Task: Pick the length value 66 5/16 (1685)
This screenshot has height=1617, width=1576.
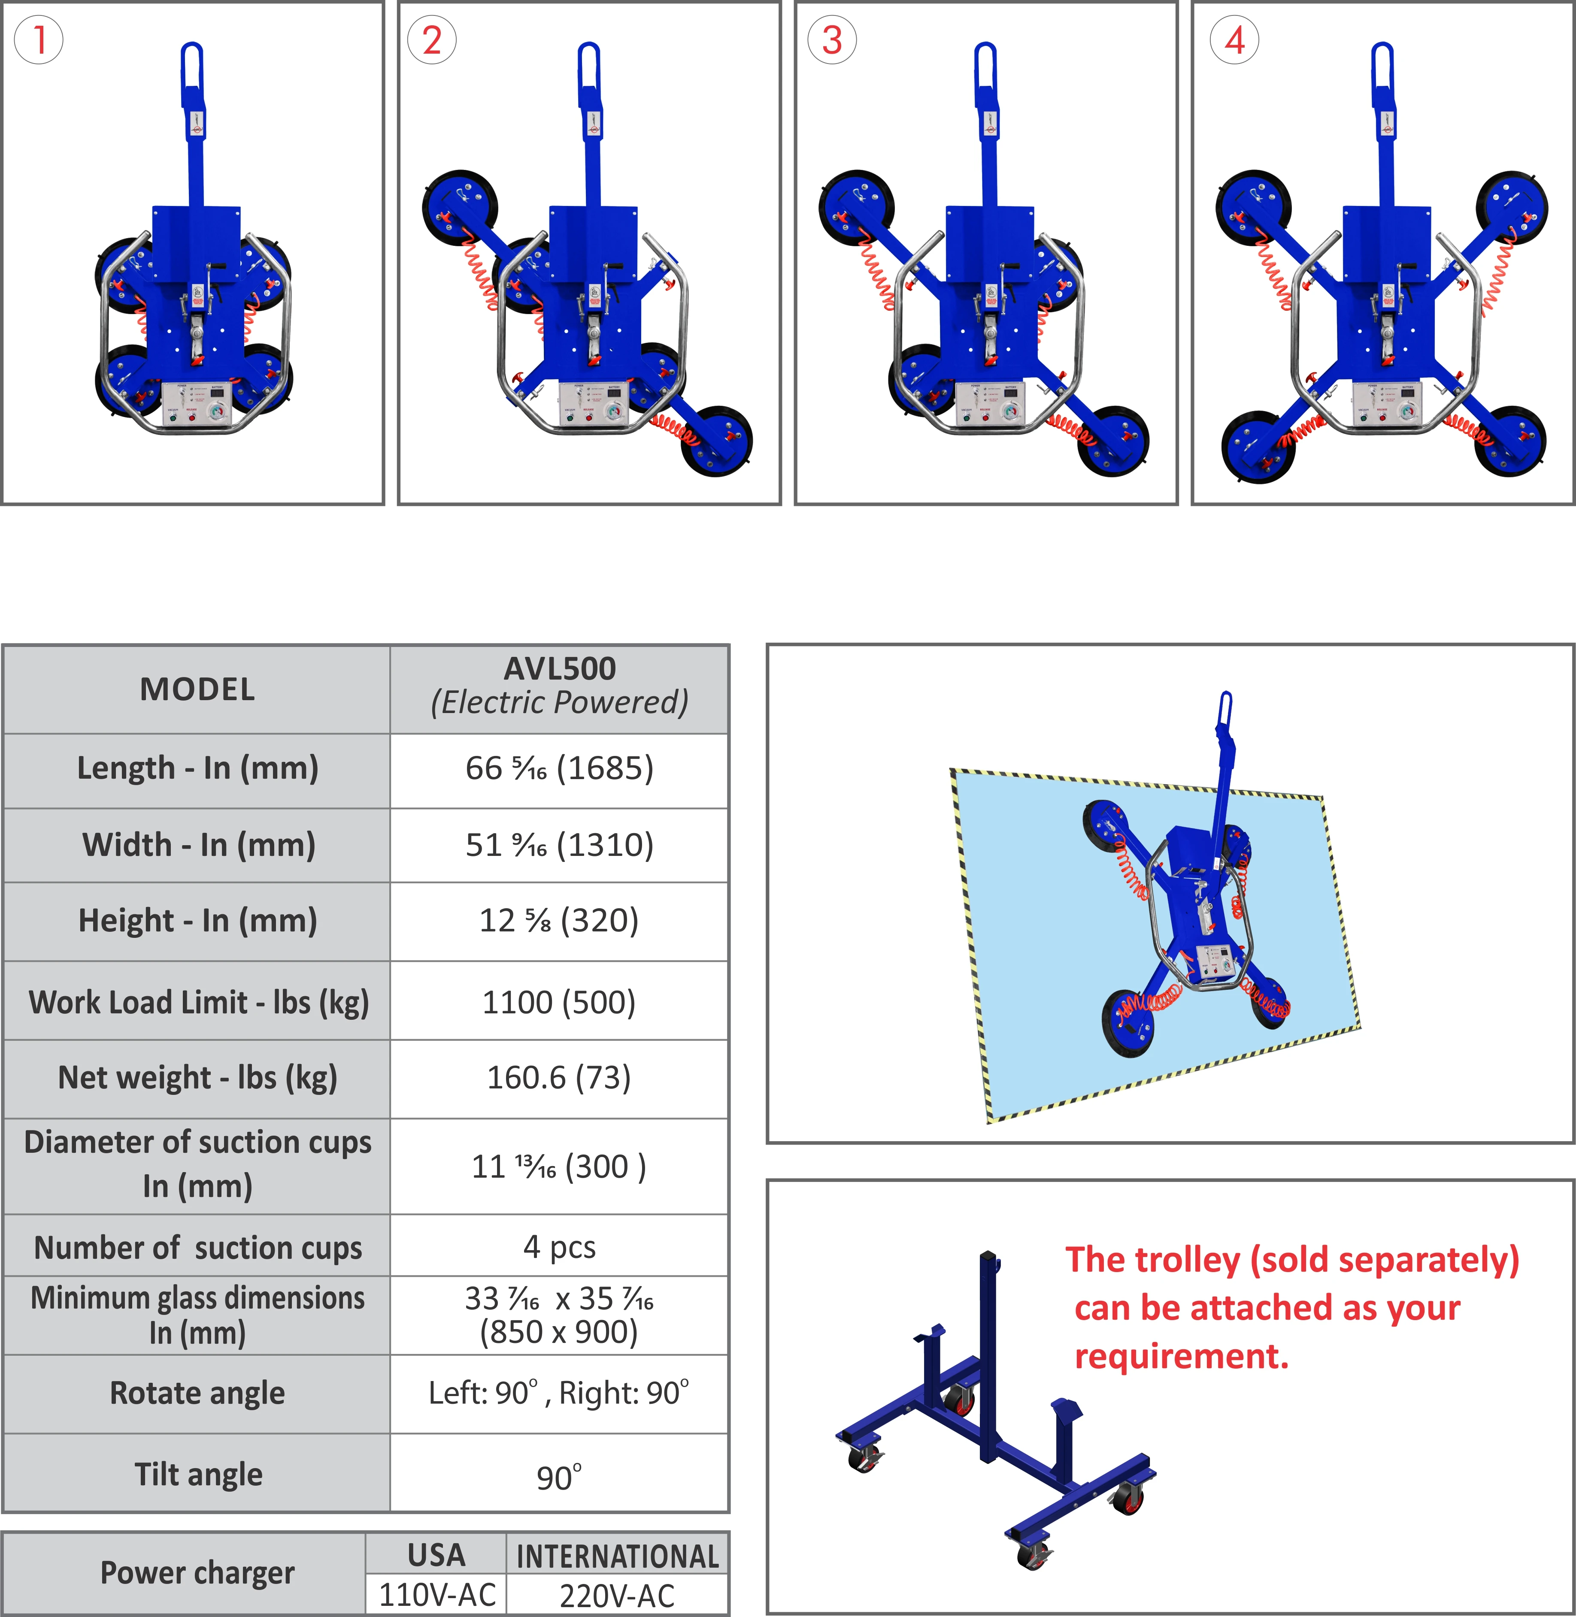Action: click(560, 768)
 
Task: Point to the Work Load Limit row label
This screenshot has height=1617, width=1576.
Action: click(199, 1002)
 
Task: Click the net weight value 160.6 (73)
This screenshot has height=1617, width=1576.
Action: click(560, 1077)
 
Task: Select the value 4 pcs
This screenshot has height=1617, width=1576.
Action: click(560, 1246)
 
